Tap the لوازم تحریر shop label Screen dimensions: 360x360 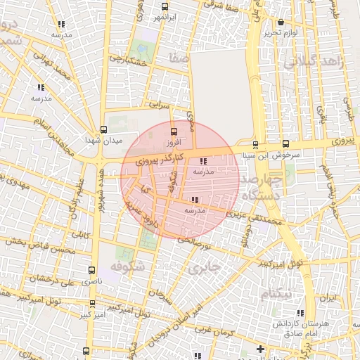281,33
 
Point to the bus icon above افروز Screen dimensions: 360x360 174,131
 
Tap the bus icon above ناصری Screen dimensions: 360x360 93,269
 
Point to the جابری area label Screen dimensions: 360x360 205,268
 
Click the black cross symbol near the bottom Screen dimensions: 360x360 260,348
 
